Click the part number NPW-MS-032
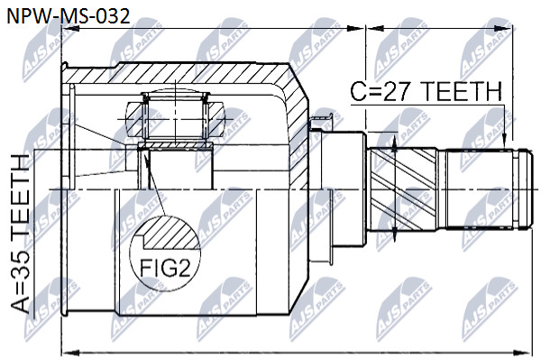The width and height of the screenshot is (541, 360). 69,16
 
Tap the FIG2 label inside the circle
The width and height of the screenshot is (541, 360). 165,267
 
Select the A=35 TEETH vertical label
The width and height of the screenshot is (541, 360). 21,234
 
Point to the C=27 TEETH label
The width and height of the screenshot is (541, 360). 426,91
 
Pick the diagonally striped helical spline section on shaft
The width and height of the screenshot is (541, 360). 403,189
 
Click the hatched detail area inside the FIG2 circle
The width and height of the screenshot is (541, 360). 171,234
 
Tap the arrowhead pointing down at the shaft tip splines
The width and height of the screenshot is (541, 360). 504,143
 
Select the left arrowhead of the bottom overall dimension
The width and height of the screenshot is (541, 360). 70,353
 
